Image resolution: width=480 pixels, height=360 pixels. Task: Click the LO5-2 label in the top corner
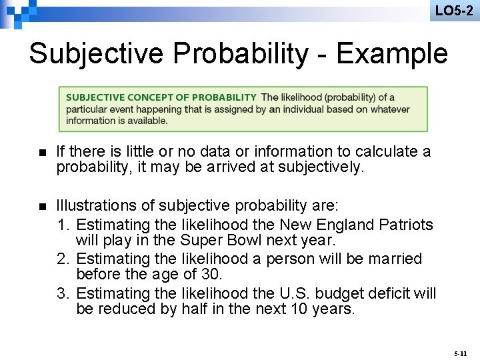coord(454,11)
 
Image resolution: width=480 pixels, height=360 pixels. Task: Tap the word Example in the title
coord(392,53)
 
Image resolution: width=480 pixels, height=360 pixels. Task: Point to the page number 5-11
coord(460,350)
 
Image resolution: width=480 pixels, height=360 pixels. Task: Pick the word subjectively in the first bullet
coord(317,168)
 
